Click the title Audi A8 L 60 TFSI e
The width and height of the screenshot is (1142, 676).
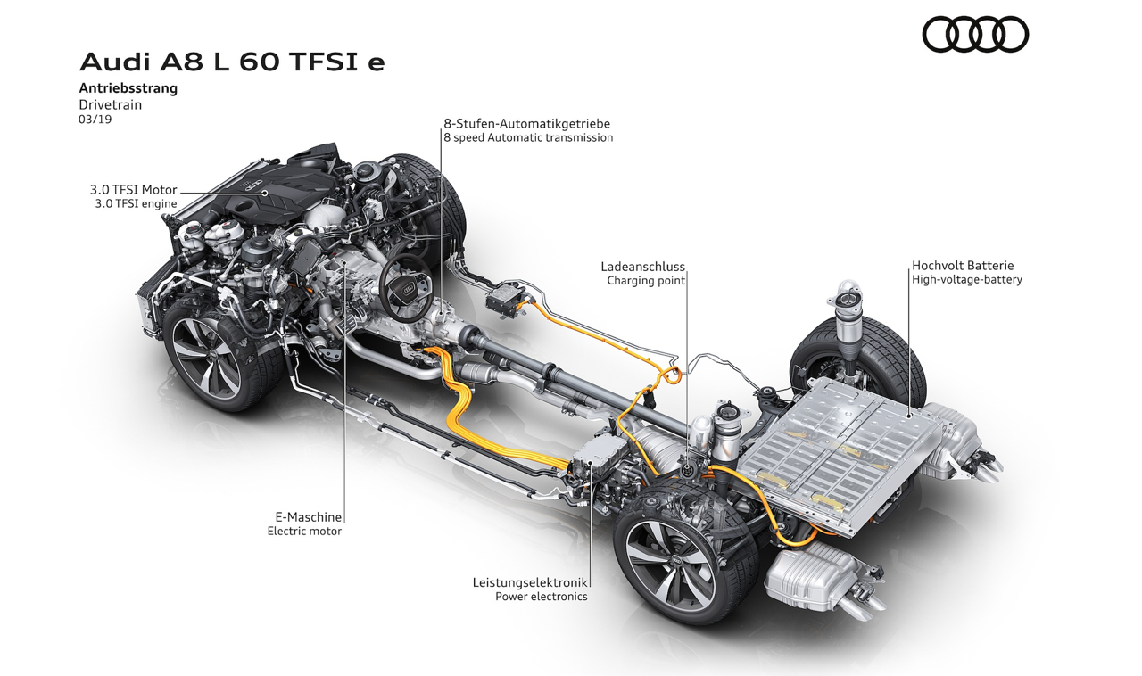[x=232, y=62]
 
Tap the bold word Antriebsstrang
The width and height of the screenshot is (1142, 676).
[x=128, y=88]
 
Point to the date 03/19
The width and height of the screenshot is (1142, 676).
[x=95, y=120]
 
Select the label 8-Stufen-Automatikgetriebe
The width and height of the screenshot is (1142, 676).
[x=526, y=124]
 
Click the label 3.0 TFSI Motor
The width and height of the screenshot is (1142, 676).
[x=134, y=190]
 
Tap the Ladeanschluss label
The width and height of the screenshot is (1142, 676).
[x=642, y=267]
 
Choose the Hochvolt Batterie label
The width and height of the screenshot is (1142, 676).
[x=963, y=266]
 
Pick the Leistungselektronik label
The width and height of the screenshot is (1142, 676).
[x=530, y=582]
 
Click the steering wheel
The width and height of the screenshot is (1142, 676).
[x=406, y=288]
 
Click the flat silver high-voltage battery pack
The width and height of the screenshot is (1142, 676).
[x=836, y=449]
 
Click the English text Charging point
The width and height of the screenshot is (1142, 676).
[x=646, y=280]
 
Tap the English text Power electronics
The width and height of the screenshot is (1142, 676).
[x=542, y=597]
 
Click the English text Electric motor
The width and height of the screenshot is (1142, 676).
[x=304, y=532]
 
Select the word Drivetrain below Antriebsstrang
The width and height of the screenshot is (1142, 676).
[x=110, y=105]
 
